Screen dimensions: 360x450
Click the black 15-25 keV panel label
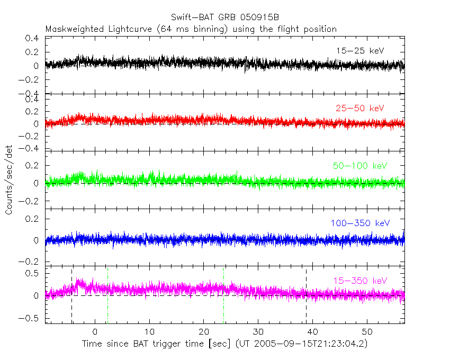pyautogui.click(x=359, y=51)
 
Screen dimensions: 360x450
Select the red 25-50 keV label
pyautogui.click(x=359, y=109)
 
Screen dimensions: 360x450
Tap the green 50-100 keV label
pyautogui.click(x=360, y=166)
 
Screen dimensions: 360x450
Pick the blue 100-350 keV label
pyautogui.click(x=360, y=223)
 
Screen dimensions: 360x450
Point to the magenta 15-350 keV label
pyautogui.click(x=360, y=281)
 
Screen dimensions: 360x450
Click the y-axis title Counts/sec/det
pyautogui.click(x=10, y=181)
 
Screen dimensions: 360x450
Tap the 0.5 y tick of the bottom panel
pyautogui.click(x=33, y=273)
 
